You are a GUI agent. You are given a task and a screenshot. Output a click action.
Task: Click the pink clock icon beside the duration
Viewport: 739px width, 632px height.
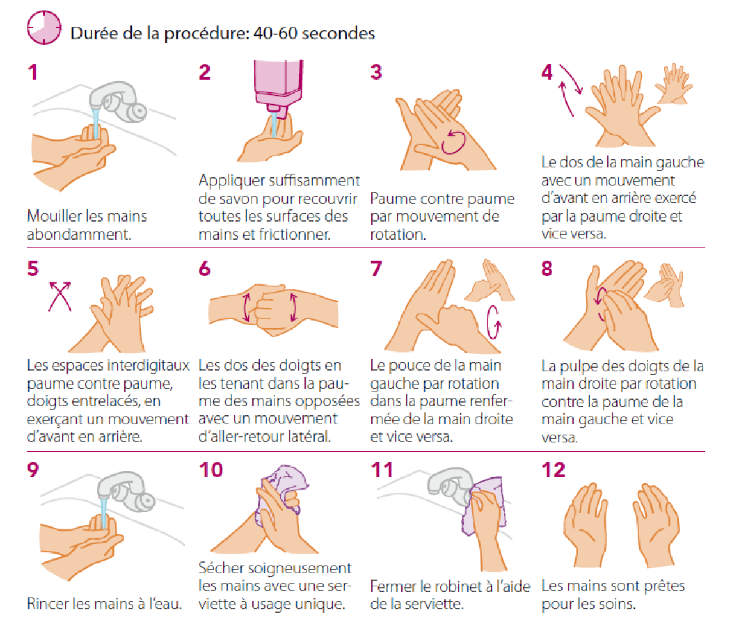point(44,28)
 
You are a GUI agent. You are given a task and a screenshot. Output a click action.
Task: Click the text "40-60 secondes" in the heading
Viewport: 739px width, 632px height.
point(314,33)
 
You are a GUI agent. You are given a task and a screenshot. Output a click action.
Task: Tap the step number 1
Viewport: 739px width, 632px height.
point(33,72)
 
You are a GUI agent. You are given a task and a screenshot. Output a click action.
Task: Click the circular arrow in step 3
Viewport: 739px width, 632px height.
point(453,142)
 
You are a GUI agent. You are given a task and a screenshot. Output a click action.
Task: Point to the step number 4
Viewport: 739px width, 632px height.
point(547,72)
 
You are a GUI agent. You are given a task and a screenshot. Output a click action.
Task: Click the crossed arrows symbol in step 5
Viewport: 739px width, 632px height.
point(60,296)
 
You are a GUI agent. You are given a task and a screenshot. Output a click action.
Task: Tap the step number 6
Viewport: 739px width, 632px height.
point(205,269)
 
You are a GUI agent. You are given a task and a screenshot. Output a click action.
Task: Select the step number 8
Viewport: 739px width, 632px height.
point(547,269)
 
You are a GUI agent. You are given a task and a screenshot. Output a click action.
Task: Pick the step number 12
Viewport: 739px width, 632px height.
point(553,470)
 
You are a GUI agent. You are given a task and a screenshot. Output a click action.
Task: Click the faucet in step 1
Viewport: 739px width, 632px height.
point(118,101)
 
